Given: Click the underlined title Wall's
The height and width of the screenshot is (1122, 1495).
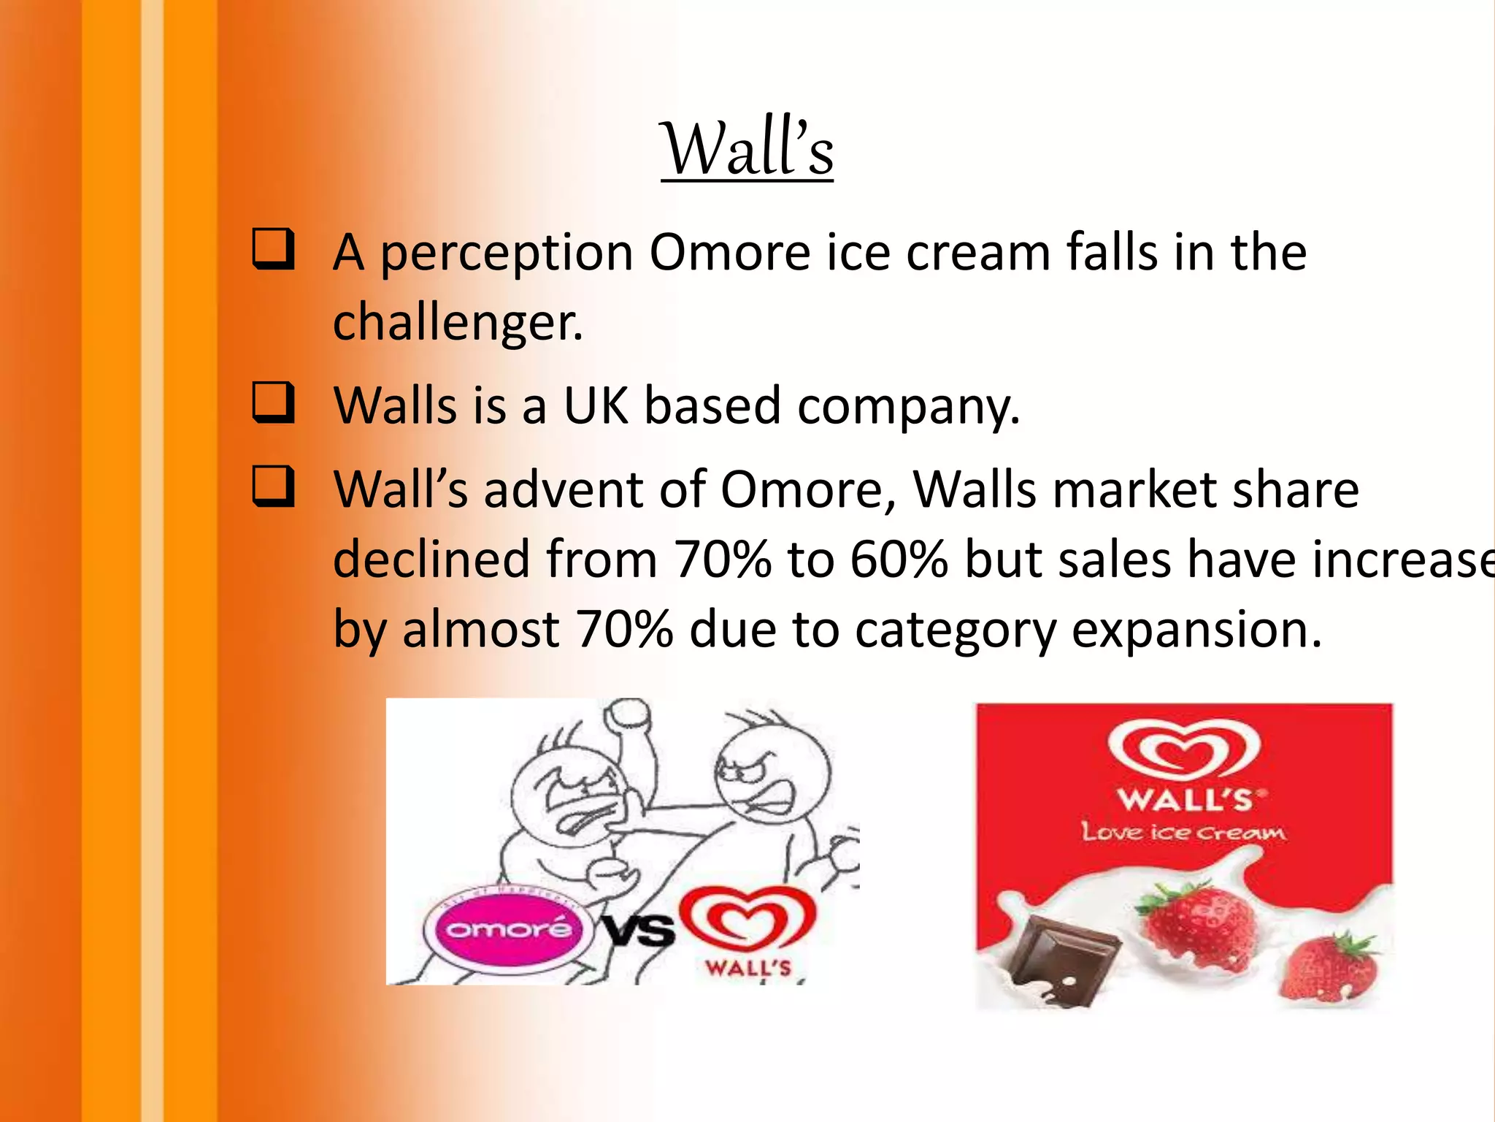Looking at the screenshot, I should [747, 150].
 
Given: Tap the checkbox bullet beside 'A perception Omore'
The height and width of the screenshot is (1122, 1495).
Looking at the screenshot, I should [274, 249].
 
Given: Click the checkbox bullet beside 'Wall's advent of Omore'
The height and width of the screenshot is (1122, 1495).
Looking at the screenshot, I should [274, 486].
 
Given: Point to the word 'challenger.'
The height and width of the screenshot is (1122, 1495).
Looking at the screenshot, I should [458, 322].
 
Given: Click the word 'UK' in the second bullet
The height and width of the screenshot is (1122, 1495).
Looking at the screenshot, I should [595, 405].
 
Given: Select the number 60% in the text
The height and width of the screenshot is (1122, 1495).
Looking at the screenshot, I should [899, 560].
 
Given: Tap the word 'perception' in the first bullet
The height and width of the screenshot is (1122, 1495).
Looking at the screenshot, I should [507, 253].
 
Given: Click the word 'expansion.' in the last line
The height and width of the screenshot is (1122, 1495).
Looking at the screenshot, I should [1196, 629].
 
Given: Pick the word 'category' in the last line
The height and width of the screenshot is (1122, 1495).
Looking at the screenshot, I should [955, 630].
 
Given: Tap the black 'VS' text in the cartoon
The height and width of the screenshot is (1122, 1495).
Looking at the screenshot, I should [639, 931].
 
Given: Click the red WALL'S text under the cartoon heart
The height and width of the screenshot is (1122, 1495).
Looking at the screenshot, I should [748, 969].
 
